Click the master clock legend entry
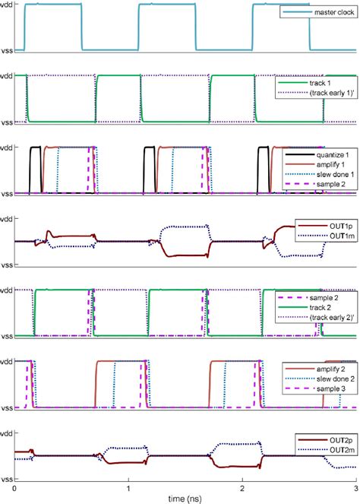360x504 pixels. point(334,12)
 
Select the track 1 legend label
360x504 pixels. point(320,84)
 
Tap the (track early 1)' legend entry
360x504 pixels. point(332,93)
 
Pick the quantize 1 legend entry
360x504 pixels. point(333,155)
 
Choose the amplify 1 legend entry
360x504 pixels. point(331,164)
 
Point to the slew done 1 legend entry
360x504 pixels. point(335,175)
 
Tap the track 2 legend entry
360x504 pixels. point(321,308)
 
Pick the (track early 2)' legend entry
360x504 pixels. point(332,318)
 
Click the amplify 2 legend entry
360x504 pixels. point(331,369)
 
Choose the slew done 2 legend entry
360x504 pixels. point(335,379)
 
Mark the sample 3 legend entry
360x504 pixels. point(331,389)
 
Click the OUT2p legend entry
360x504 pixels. point(341,440)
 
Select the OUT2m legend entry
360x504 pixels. point(342,450)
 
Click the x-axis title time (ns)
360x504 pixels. point(185,499)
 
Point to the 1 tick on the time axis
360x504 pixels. point(128,489)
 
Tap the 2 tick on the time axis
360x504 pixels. point(242,489)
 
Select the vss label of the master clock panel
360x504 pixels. point(6,51)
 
